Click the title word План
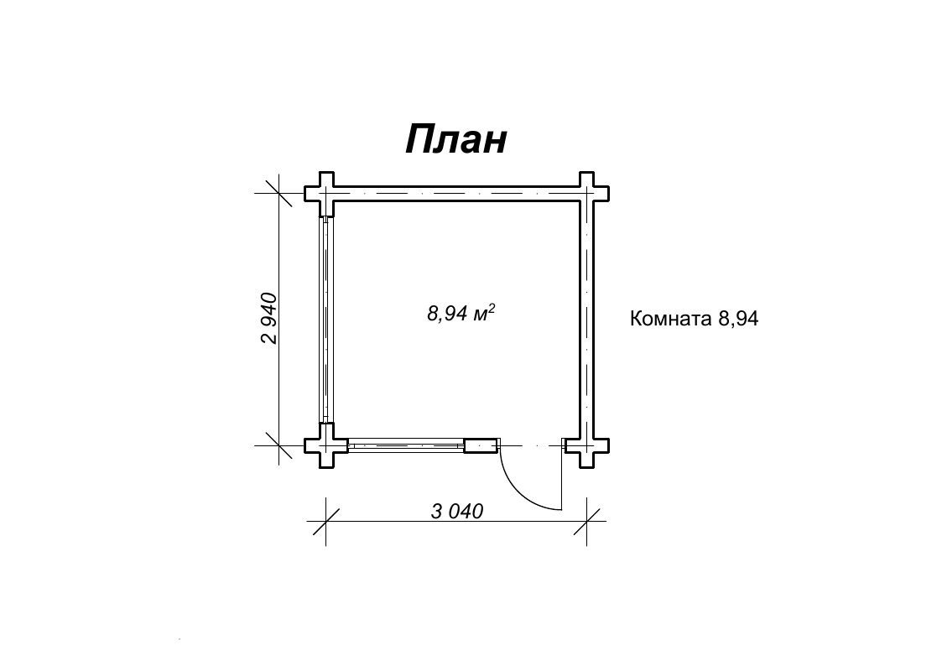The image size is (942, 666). (x=456, y=139)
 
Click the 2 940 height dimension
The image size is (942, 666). (x=270, y=318)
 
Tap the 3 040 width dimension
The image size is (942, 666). (x=457, y=511)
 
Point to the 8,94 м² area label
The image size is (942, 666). (x=461, y=313)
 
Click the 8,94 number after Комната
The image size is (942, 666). (x=738, y=318)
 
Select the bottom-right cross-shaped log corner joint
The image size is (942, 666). (x=587, y=445)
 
